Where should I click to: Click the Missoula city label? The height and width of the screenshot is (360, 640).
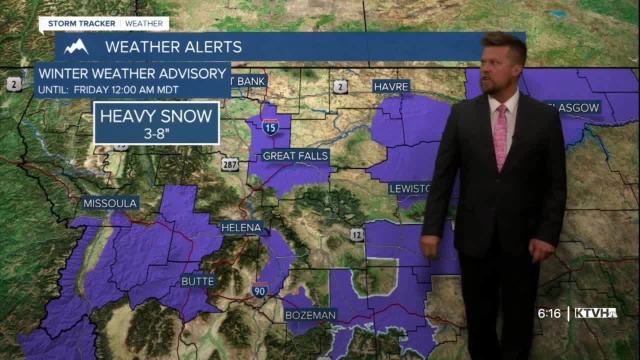click(110, 203)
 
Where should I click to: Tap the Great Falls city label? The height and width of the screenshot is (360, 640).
click(295, 156)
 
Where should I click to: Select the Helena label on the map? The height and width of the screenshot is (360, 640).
click(242, 227)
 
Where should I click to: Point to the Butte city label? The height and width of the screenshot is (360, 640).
click(198, 281)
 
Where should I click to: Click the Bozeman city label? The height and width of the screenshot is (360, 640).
click(310, 315)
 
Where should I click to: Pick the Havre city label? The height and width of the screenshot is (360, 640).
click(391, 86)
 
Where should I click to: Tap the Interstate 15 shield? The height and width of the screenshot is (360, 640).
click(270, 127)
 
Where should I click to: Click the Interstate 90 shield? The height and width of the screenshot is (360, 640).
click(259, 290)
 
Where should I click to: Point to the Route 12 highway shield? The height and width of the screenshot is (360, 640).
click(356, 235)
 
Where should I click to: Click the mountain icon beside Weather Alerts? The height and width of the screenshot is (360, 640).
click(76, 47)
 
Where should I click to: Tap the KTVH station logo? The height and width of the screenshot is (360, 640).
click(595, 313)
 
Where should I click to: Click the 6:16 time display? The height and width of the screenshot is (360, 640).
click(548, 313)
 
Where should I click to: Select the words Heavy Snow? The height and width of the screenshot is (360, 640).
click(156, 116)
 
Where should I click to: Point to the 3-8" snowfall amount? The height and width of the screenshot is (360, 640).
click(156, 134)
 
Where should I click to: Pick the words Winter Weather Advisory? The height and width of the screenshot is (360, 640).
click(132, 73)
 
